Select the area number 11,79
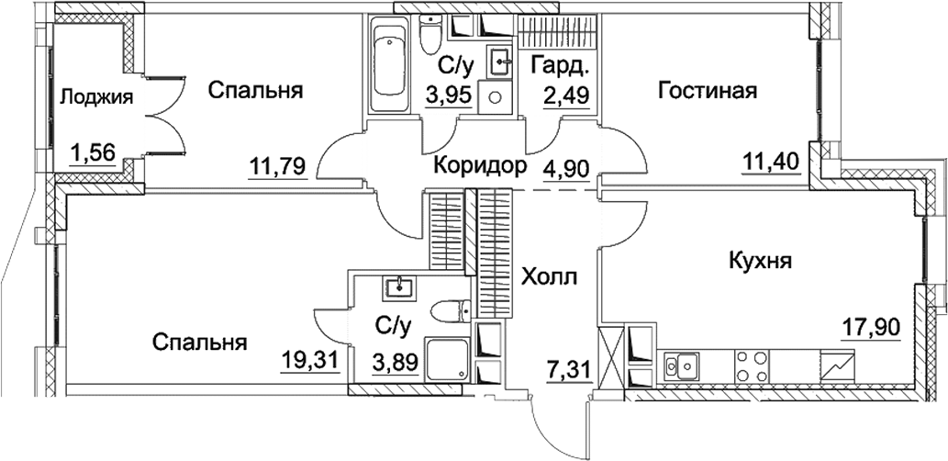tap(277, 165)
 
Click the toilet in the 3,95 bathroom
tap(429, 36)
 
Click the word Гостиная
tap(707, 90)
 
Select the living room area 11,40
tap(771, 163)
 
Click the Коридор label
tap(480, 166)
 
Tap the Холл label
tap(550, 276)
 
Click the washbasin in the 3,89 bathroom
tap(400, 288)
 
